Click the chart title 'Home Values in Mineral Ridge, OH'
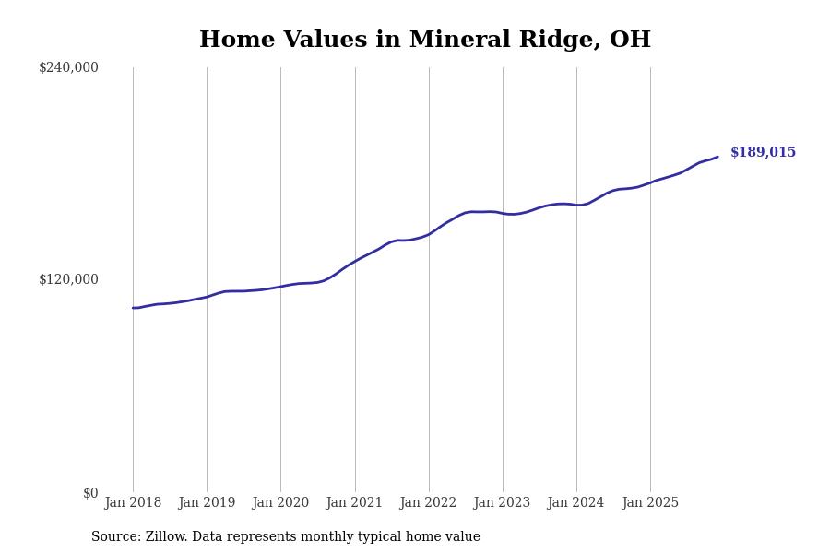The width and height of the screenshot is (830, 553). [424, 41]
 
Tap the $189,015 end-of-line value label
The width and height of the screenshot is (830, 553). [763, 153]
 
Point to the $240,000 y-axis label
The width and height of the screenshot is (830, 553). [68, 67]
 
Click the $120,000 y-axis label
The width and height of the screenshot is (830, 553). [68, 279]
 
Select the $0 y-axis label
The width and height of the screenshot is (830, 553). [90, 493]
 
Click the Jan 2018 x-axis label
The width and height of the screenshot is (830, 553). [133, 503]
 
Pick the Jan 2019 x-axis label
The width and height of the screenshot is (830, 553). [207, 503]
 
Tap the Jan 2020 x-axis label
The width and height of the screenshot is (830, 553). [280, 503]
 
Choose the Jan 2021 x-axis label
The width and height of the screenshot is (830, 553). [354, 503]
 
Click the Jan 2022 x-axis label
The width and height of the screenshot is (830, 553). [428, 503]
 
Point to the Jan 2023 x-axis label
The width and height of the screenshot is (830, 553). [502, 503]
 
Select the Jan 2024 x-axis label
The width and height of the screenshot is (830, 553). [575, 503]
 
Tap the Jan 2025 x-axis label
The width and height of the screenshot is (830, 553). [650, 503]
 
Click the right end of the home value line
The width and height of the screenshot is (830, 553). [717, 157]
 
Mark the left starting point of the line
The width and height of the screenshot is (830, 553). [133, 308]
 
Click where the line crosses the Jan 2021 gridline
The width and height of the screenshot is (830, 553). [355, 261]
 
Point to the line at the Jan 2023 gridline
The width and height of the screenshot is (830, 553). [503, 213]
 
